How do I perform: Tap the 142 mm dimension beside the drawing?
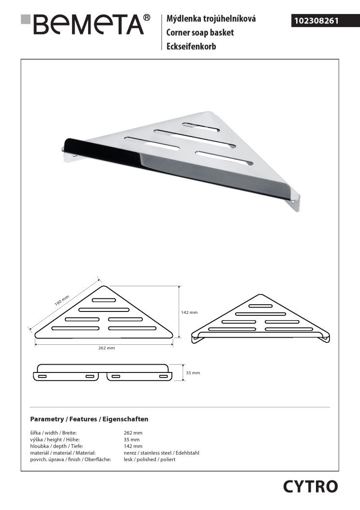click(189, 312)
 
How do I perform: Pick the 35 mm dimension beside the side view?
click(193, 372)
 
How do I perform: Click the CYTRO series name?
click(310, 486)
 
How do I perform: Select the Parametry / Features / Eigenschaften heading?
click(89, 419)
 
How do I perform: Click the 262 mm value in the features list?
click(133, 433)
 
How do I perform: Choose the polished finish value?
click(150, 459)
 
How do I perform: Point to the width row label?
click(53, 433)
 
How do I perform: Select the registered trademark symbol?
click(147, 18)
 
